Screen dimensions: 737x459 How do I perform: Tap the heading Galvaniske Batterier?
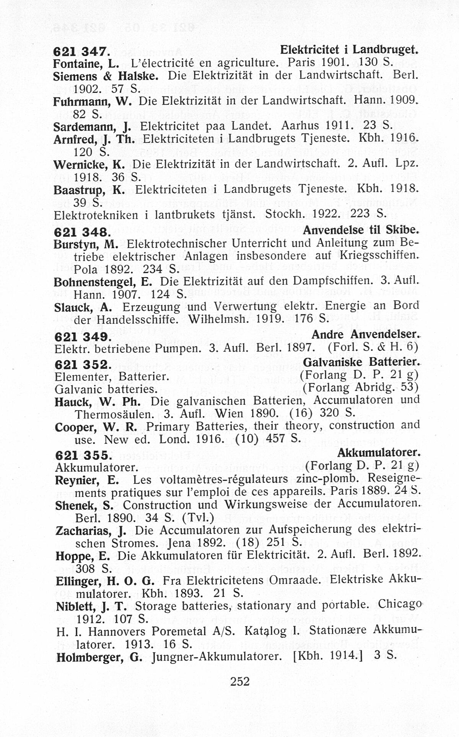361,362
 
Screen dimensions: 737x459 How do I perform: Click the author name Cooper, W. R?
96,427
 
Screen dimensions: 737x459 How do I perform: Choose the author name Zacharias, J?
91,531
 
